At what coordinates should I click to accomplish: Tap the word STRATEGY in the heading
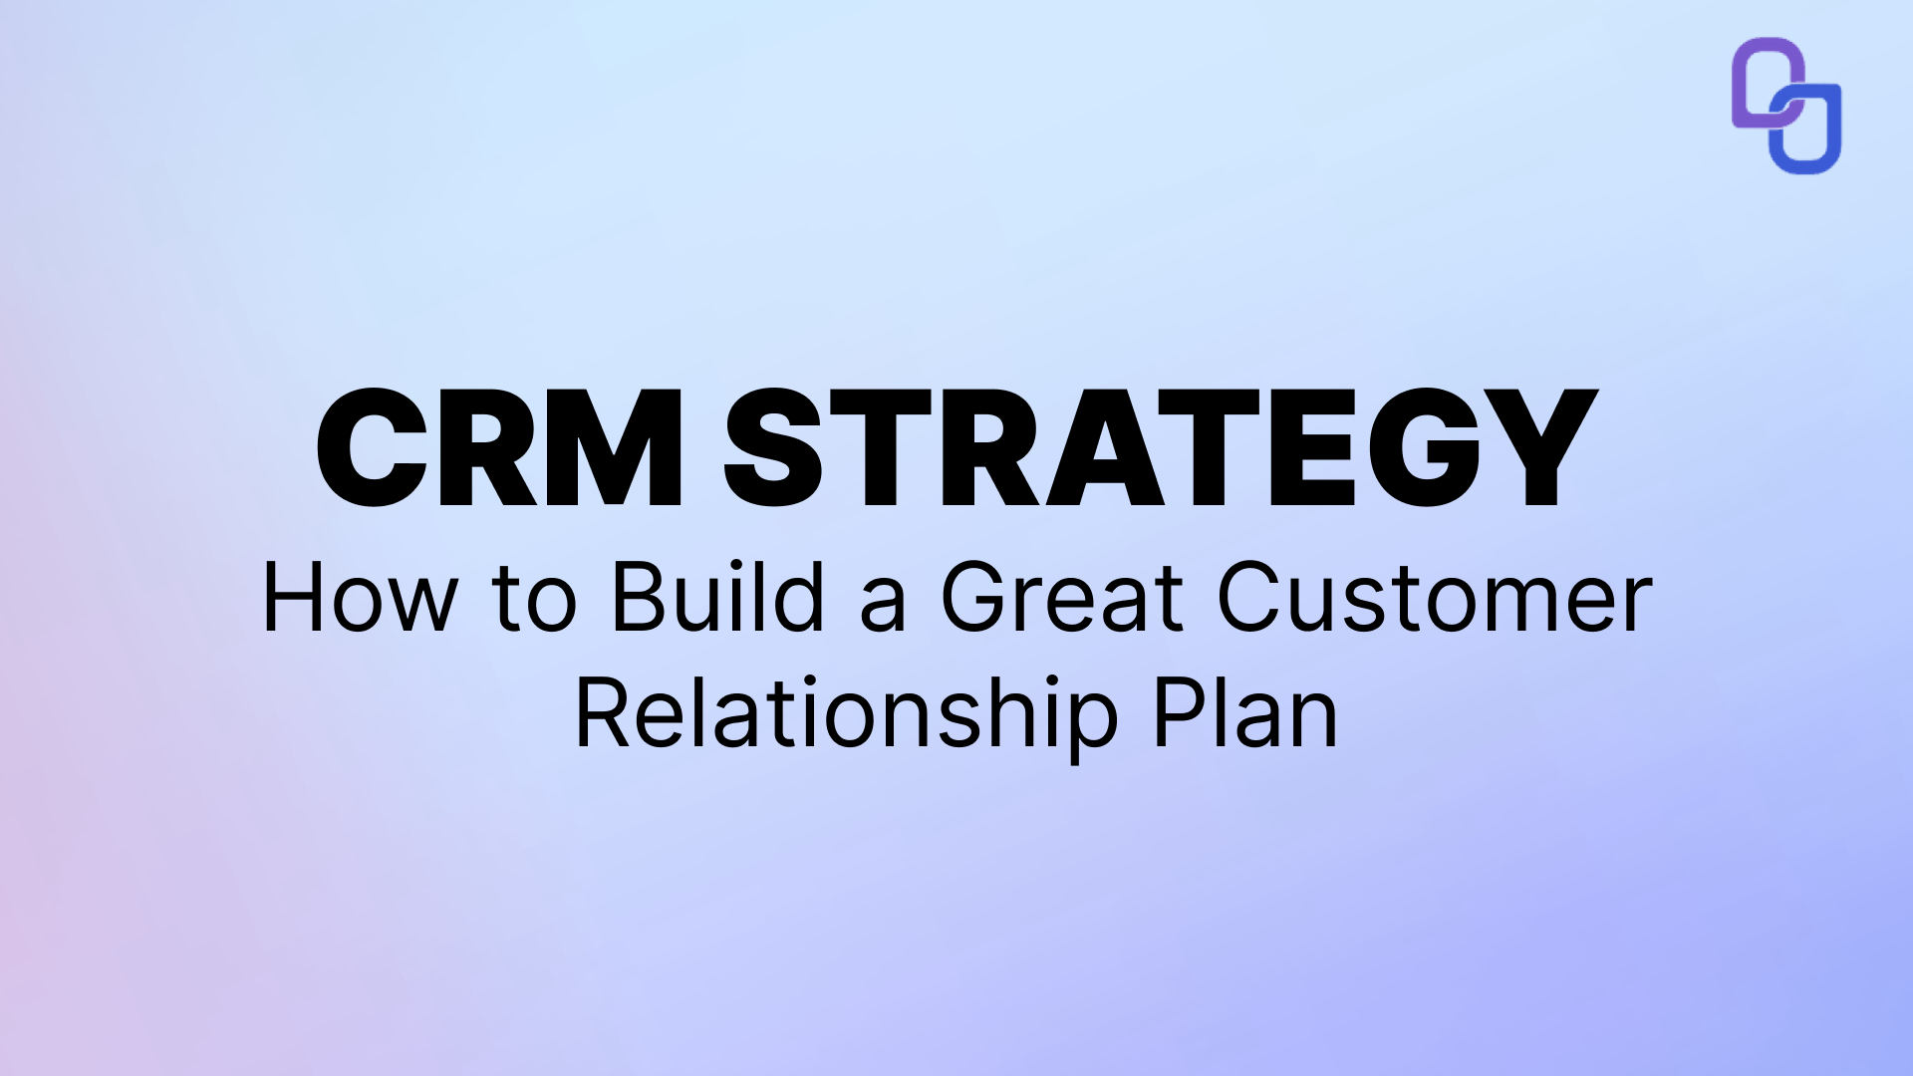(1161, 448)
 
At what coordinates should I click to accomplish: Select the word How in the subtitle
(359, 598)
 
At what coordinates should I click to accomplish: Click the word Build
(717, 598)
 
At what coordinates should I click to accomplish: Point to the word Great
(1061, 598)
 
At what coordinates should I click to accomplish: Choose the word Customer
(1435, 598)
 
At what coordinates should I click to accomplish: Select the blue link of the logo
(1808, 134)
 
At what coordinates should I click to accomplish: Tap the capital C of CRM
(372, 448)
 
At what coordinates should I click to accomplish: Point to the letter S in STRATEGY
(773, 448)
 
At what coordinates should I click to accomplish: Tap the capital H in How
(293, 598)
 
